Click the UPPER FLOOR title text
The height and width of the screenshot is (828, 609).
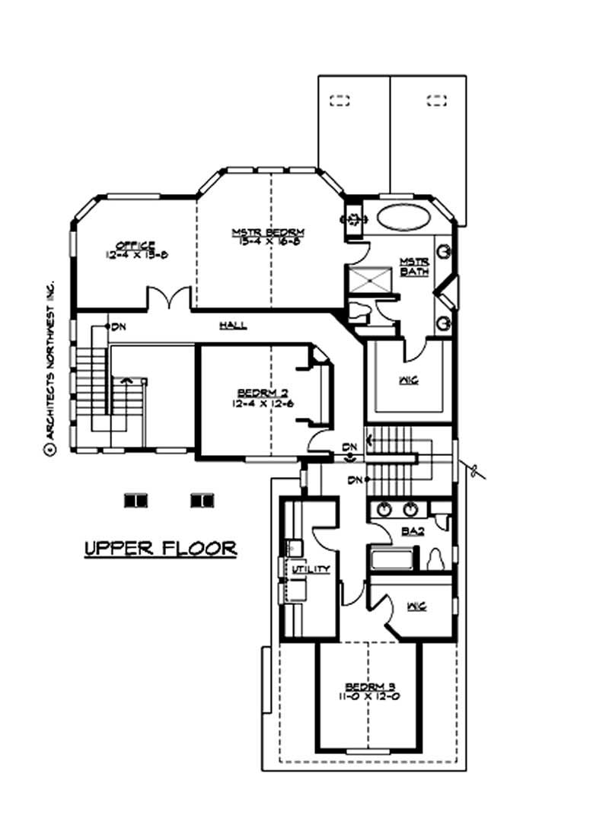[159, 548]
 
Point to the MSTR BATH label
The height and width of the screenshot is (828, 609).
[414, 266]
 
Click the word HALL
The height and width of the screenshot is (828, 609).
[233, 325]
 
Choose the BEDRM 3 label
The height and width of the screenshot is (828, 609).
[368, 684]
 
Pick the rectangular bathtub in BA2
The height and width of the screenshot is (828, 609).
[392, 559]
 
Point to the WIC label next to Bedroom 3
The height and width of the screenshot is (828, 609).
[416, 606]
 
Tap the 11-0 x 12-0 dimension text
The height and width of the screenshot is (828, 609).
[368, 696]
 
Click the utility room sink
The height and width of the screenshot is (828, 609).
[292, 546]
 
